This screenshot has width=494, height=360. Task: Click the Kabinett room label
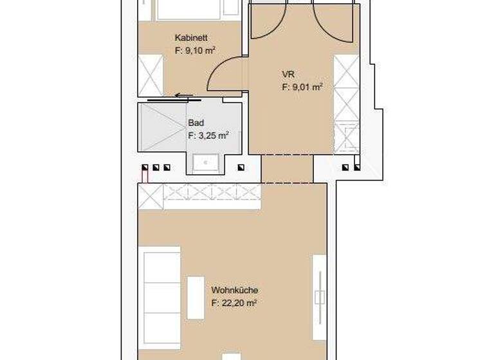[x=190, y=38]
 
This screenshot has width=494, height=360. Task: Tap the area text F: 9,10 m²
[x=194, y=50]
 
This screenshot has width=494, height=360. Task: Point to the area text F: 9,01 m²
[x=302, y=87]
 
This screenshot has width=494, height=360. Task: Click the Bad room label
[x=195, y=122]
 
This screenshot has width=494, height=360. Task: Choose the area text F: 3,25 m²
[x=208, y=135]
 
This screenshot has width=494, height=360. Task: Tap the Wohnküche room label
[x=234, y=290]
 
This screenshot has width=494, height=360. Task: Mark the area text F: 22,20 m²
[x=234, y=303]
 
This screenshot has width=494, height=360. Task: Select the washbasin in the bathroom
[x=205, y=163]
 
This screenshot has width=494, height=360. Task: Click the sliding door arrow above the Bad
[x=183, y=97]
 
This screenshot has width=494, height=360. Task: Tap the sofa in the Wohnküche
[x=161, y=296]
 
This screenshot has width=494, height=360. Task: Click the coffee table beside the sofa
[x=194, y=296]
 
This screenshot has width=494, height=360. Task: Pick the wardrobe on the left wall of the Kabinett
[x=151, y=73]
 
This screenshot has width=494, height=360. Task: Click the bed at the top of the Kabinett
[x=190, y=9]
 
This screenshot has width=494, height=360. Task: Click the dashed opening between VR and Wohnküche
[x=287, y=168]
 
